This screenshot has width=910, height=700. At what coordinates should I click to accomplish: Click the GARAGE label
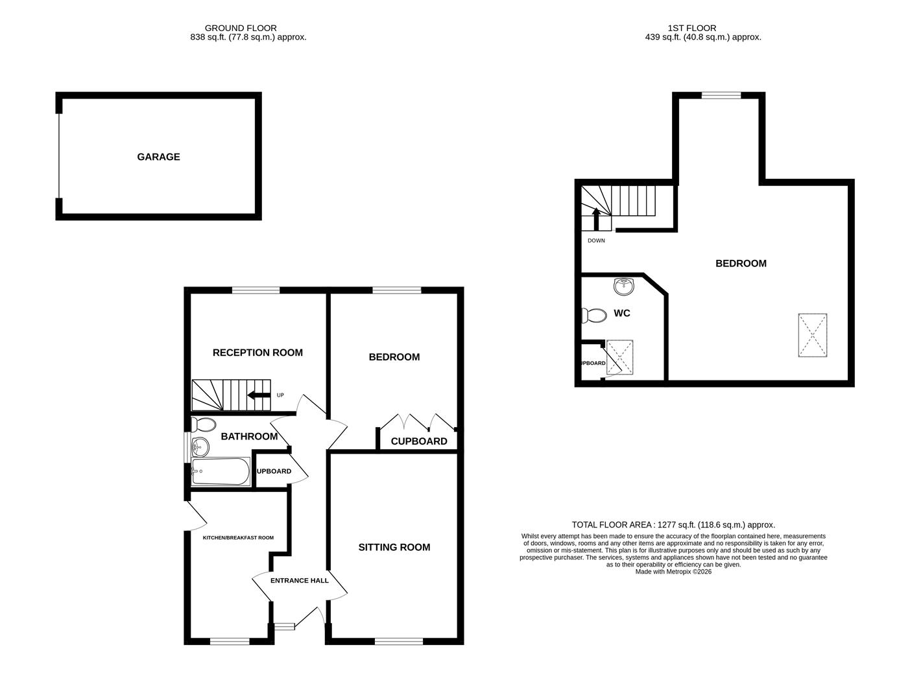click(x=158, y=157)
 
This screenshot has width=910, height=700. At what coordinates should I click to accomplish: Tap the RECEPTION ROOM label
click(x=257, y=353)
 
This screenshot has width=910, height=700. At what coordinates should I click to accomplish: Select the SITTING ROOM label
click(x=394, y=547)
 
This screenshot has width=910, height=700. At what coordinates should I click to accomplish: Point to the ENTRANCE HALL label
click(x=300, y=580)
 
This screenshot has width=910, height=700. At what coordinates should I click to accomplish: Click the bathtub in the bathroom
click(x=221, y=472)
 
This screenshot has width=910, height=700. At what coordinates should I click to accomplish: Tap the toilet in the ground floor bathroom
click(x=203, y=425)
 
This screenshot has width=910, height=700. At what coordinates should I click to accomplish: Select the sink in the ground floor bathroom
click(x=200, y=446)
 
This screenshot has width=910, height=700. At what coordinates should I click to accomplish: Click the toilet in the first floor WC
click(x=593, y=316)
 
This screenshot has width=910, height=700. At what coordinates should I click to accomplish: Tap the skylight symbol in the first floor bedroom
click(x=812, y=335)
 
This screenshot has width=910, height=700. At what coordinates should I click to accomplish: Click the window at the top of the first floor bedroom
click(x=721, y=95)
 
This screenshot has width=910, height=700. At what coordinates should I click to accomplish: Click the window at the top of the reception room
click(x=256, y=290)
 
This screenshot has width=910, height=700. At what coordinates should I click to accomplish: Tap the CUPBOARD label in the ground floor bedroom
click(x=418, y=441)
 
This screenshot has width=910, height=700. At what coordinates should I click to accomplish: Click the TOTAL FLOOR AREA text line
click(x=673, y=525)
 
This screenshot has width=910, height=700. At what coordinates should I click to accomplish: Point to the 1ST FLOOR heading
click(x=691, y=28)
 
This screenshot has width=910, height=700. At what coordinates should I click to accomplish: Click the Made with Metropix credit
click(x=673, y=572)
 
